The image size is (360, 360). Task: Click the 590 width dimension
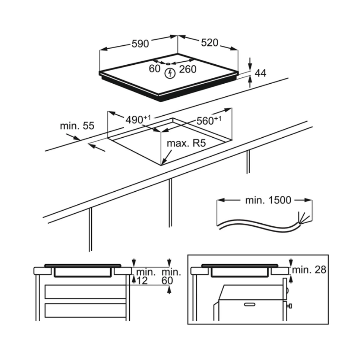click(x=140, y=44)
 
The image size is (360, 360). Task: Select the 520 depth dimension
click(x=209, y=43)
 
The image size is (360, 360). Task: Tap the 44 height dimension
click(x=261, y=73)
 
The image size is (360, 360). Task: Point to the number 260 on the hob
click(x=188, y=68)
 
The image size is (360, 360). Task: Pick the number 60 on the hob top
click(x=154, y=68)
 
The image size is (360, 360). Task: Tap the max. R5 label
click(x=186, y=144)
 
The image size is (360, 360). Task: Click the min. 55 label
click(x=77, y=126)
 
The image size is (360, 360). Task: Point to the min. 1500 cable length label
click(x=268, y=200)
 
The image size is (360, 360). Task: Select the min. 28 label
click(x=309, y=270)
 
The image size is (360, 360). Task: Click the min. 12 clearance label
click(x=146, y=276)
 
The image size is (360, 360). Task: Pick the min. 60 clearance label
click(x=171, y=276)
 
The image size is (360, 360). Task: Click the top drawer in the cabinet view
click(x=85, y=291)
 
